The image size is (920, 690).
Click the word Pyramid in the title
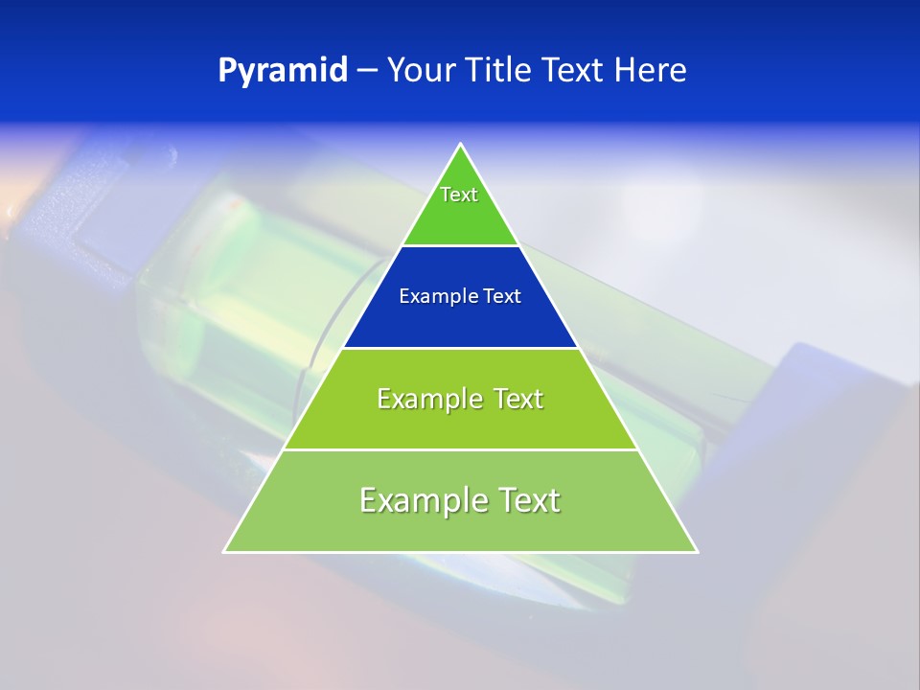pyautogui.click(x=283, y=71)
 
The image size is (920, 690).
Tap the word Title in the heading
pyautogui.click(x=500, y=71)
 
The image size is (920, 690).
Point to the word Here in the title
pyautogui.click(x=651, y=71)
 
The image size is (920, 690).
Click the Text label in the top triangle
pyautogui.click(x=459, y=195)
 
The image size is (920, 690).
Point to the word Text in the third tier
pyautogui.click(x=515, y=399)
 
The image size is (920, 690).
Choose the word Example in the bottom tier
pyautogui.click(x=424, y=500)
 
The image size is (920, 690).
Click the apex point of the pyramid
pyautogui.click(x=461, y=145)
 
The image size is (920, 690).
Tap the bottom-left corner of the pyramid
pyautogui.click(x=224, y=551)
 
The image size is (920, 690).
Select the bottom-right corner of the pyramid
pyautogui.click(x=697, y=551)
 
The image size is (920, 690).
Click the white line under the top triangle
pyautogui.click(x=461, y=246)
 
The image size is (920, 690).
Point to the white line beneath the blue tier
pyautogui.click(x=461, y=348)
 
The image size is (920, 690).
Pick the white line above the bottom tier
pyautogui.click(x=461, y=449)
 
